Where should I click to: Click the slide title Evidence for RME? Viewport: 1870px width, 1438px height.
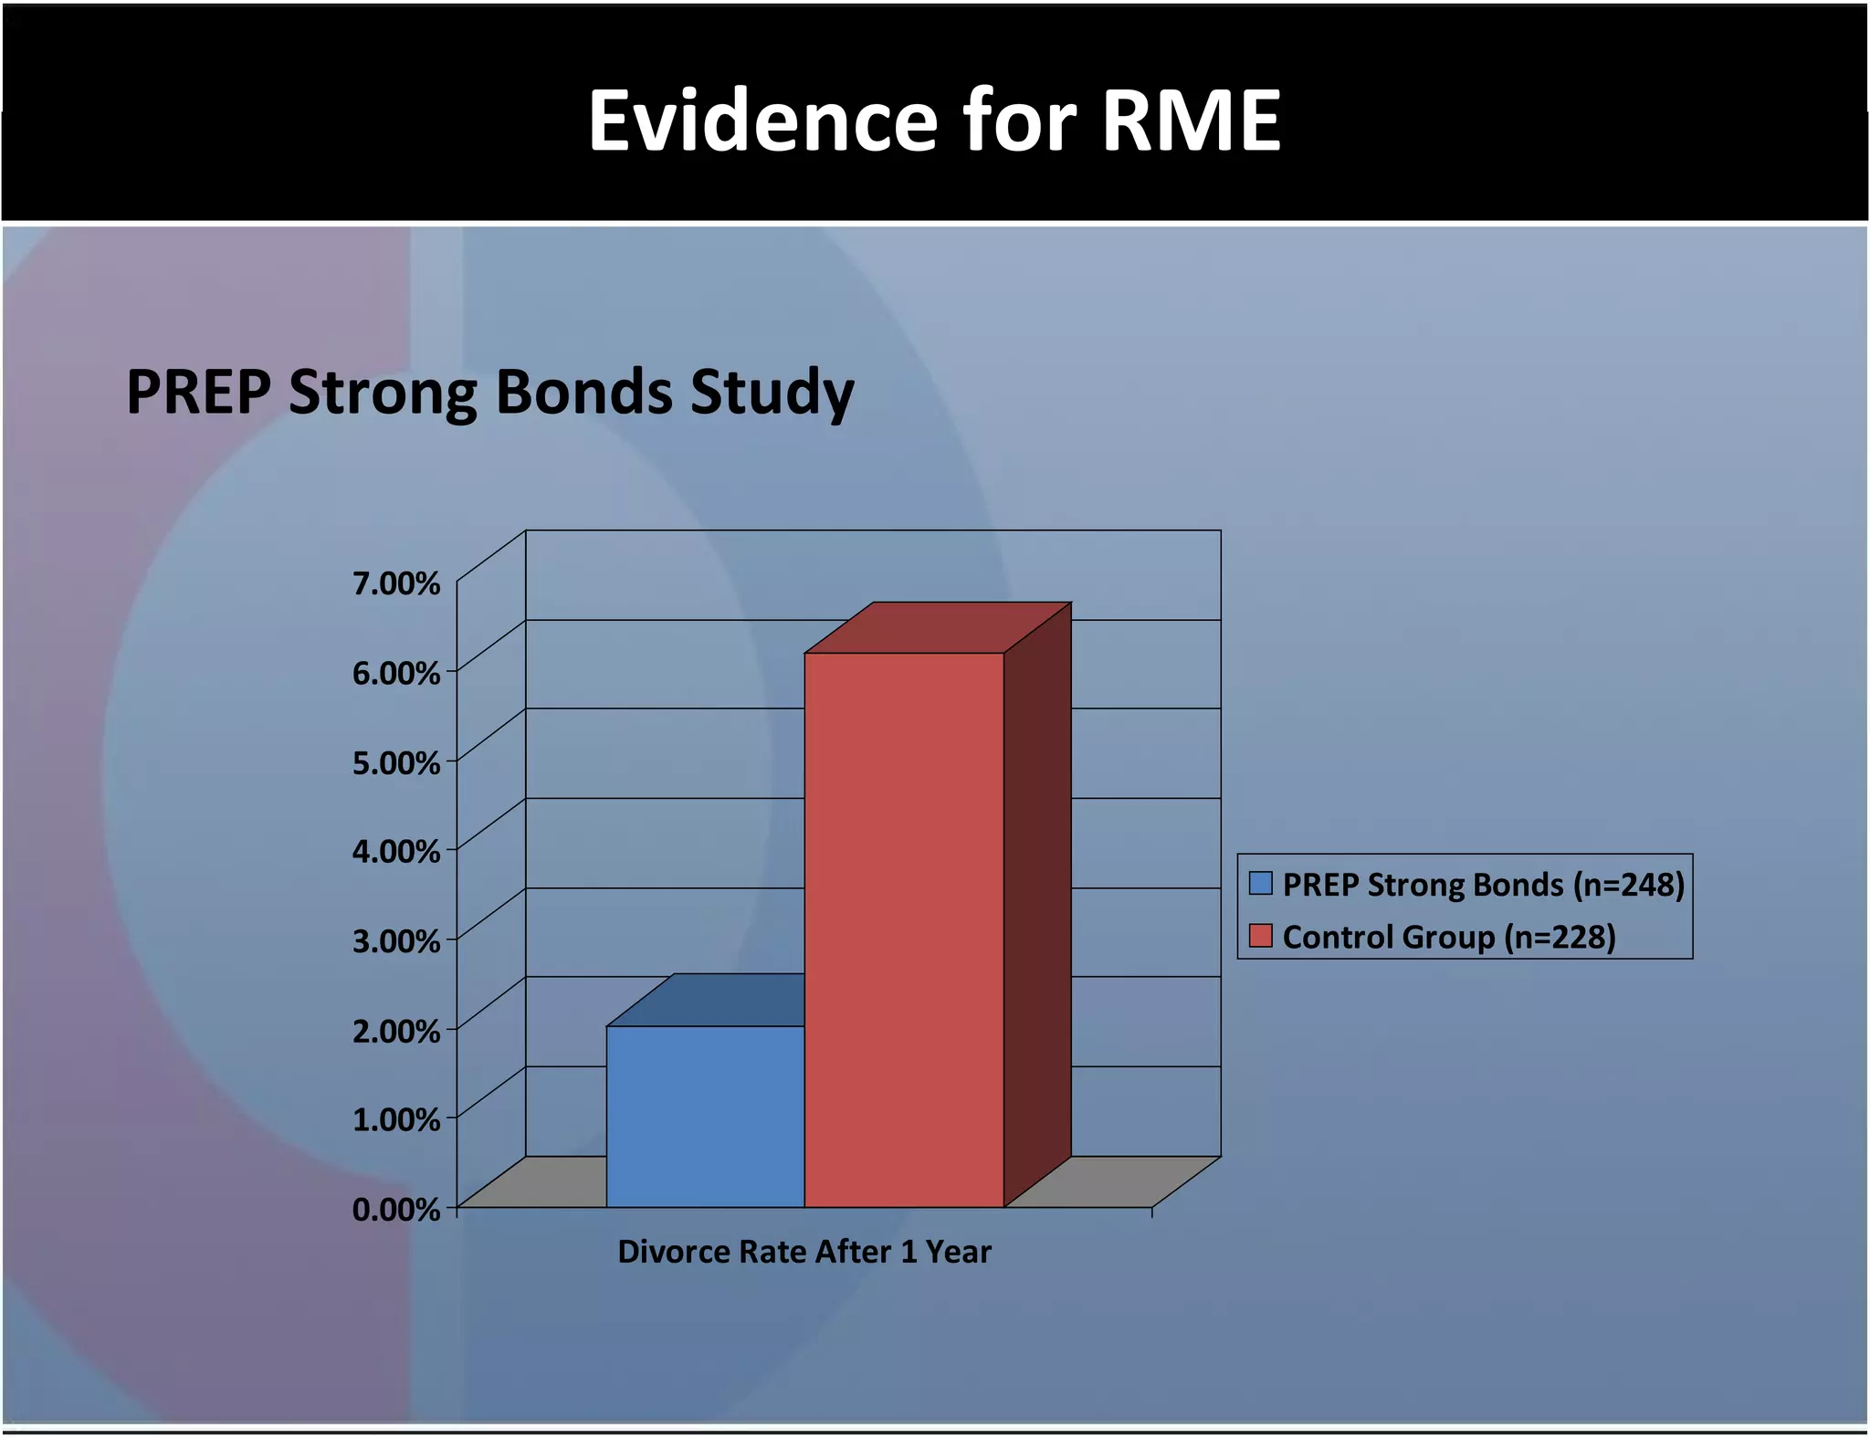[x=934, y=121]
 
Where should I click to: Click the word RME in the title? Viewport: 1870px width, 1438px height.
[x=1191, y=121]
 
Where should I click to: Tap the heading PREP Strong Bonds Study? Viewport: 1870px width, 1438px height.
[x=489, y=393]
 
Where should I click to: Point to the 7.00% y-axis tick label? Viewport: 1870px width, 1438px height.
[x=396, y=583]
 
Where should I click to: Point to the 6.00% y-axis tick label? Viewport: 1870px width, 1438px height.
[x=396, y=674]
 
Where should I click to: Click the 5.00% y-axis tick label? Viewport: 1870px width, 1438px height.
[x=396, y=762]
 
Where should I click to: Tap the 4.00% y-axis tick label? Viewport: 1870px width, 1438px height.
[x=396, y=851]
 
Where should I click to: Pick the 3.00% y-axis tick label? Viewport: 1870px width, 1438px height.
[x=396, y=940]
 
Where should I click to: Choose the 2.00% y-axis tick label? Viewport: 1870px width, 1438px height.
[x=396, y=1031]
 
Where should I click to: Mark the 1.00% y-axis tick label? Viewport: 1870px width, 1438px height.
[x=396, y=1118]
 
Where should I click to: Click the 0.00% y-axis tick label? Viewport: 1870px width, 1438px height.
[x=396, y=1209]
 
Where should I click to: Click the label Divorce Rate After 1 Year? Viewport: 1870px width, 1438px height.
[x=804, y=1251]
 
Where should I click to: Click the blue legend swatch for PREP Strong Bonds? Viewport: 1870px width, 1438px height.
[x=1261, y=883]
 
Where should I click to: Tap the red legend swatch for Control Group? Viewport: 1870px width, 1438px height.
[x=1261, y=936]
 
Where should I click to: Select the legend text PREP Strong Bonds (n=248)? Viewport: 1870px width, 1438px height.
[x=1483, y=885]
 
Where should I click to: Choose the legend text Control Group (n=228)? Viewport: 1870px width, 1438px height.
[x=1449, y=937]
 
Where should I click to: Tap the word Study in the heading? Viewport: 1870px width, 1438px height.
[x=772, y=393]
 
